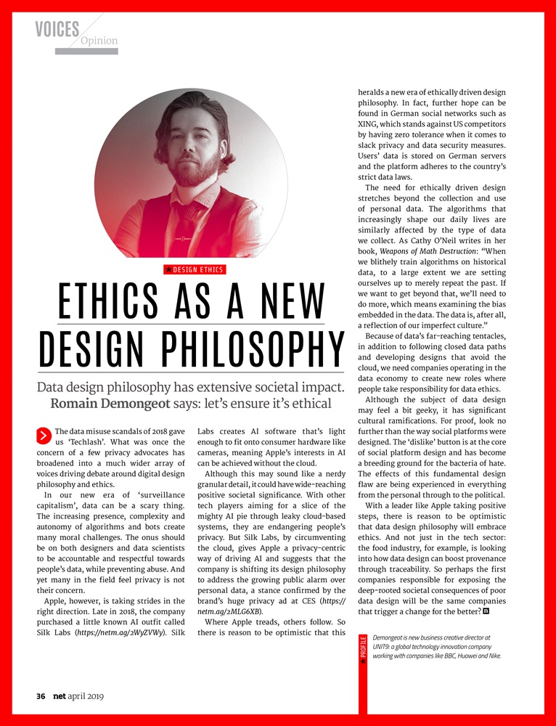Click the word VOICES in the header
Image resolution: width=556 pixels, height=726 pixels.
point(57,29)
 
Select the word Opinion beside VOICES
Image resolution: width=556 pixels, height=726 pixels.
point(99,41)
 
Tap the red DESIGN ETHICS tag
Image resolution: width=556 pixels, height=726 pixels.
point(195,270)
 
